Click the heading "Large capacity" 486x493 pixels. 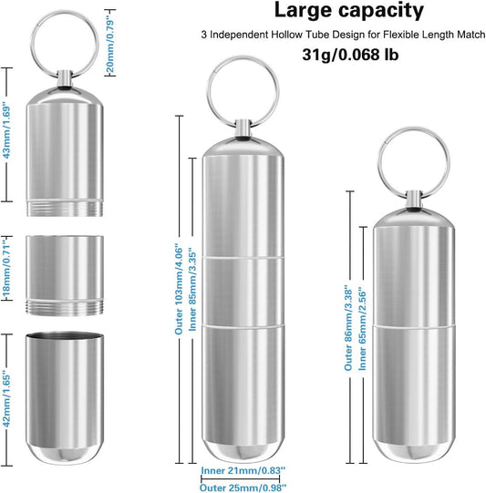336,12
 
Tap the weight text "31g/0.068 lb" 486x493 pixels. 336,55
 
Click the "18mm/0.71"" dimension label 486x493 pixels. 8,267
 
